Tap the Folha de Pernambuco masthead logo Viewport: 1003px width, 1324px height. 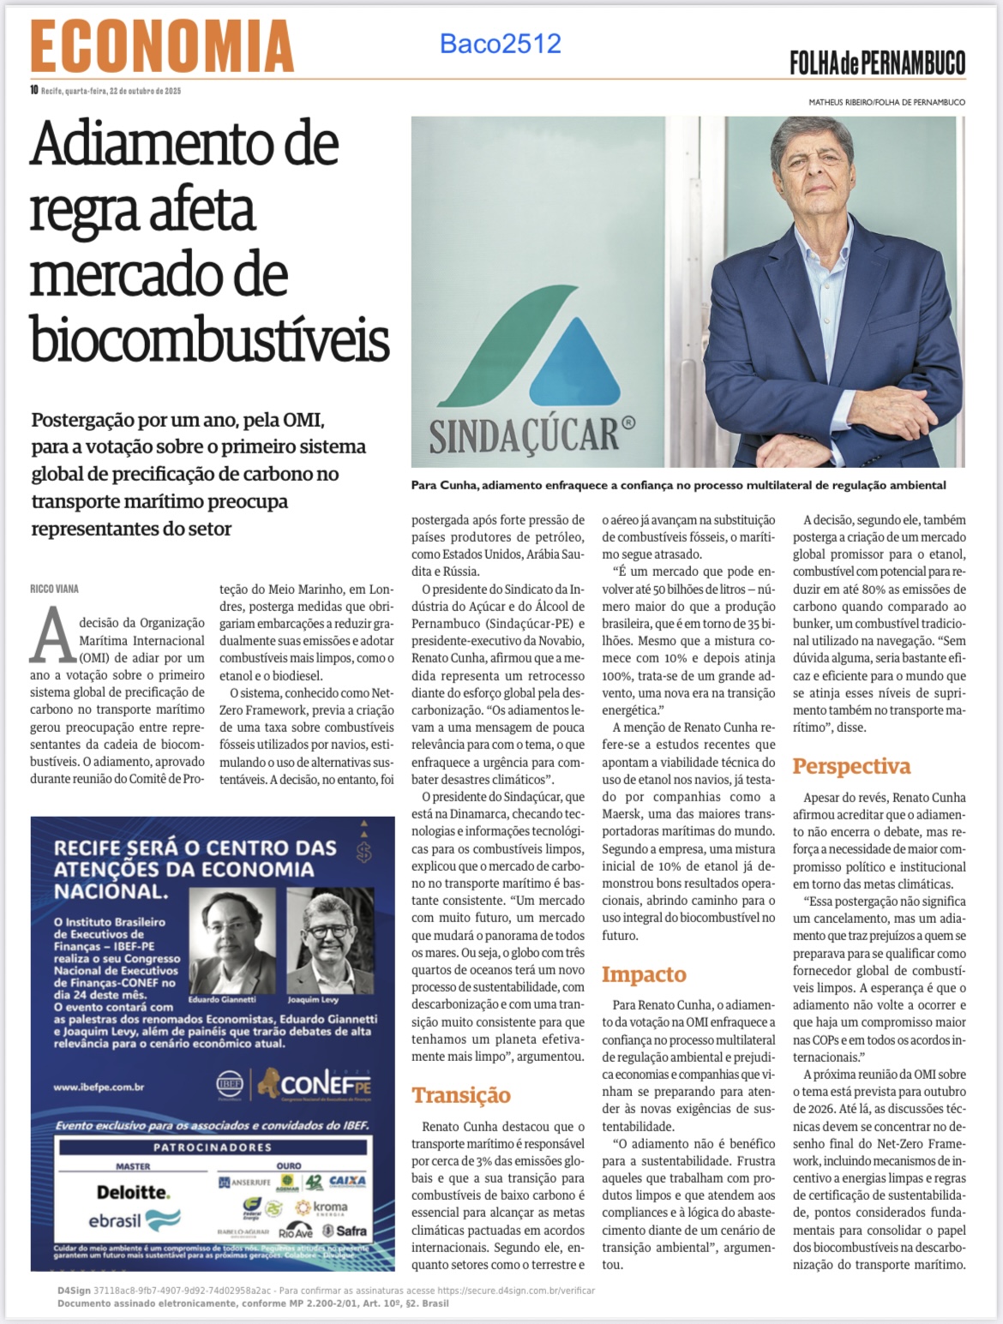877,63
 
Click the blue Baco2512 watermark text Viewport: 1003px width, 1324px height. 500,43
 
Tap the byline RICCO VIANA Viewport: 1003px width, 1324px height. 54,589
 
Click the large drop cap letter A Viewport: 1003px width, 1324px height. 52,635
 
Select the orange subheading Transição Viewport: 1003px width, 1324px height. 460,1095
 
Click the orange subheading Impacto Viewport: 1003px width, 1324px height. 643,974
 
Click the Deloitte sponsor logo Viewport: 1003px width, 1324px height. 133,1192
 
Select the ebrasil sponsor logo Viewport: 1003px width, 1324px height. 134,1220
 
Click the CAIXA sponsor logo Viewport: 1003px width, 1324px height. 347,1181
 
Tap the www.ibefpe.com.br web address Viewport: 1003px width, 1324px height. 99,1087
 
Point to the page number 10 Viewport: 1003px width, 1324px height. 34,90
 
